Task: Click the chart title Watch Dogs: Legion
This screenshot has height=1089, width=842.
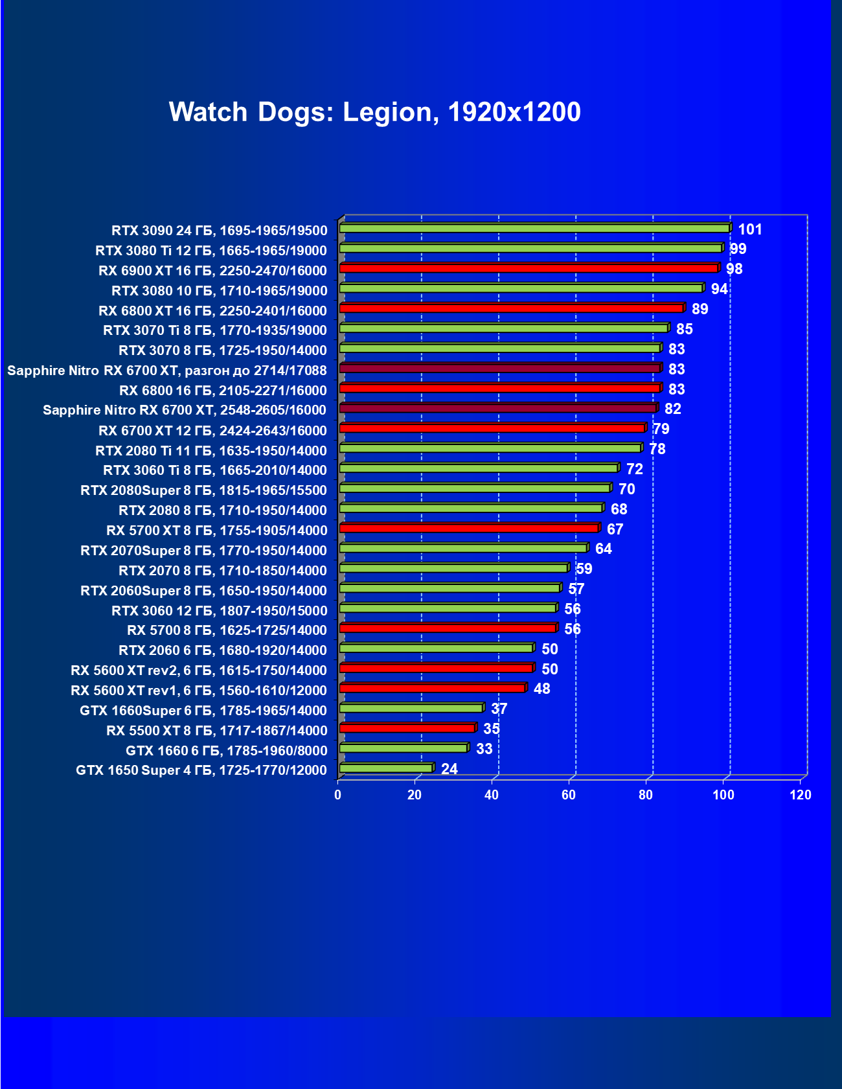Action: click(374, 112)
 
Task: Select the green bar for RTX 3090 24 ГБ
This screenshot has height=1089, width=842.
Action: click(534, 228)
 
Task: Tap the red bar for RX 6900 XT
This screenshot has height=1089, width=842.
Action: click(528, 268)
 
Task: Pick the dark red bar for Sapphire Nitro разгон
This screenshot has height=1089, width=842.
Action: click(499, 368)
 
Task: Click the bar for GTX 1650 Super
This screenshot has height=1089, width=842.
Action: click(386, 768)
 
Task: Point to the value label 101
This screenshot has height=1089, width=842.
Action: click(750, 229)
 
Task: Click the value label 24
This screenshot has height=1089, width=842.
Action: click(449, 769)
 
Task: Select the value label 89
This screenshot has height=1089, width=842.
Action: click(700, 309)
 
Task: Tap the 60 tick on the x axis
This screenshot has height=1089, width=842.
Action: click(569, 795)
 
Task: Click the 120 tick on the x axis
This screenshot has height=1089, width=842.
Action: click(801, 795)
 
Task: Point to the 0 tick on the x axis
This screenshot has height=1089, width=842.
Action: click(337, 795)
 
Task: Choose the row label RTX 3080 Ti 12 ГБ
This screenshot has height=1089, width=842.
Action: click(211, 251)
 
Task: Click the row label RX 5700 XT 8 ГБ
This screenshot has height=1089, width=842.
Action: click(217, 531)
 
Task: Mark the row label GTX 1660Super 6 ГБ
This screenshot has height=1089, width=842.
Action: click(203, 711)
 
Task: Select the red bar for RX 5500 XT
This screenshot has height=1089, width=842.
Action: click(407, 728)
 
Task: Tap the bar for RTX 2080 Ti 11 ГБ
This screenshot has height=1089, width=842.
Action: click(490, 448)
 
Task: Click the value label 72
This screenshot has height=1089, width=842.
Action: click(634, 469)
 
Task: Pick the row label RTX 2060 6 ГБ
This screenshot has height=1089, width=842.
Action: click(223, 650)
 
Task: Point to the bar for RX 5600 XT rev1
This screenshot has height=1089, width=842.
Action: click(432, 688)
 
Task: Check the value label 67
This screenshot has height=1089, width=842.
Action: click(615, 529)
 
